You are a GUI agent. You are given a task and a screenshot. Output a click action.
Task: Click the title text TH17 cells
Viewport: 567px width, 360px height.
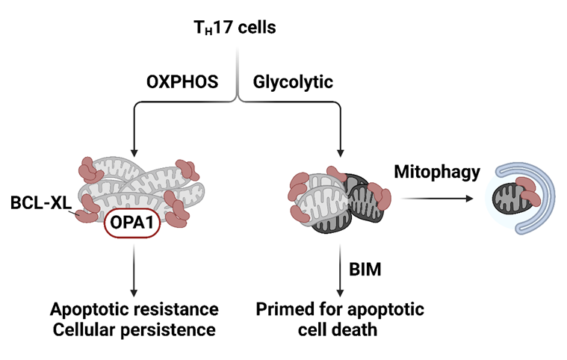tap(235, 29)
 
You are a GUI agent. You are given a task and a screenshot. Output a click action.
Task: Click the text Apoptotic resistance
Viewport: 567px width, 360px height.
tap(134, 309)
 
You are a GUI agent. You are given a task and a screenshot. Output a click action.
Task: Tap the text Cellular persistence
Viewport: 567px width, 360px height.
tap(134, 329)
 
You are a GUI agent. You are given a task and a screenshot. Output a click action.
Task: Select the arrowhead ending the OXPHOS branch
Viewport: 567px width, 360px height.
tap(134, 148)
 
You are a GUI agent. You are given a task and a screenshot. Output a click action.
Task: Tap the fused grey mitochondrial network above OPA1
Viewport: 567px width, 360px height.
tap(134, 187)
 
